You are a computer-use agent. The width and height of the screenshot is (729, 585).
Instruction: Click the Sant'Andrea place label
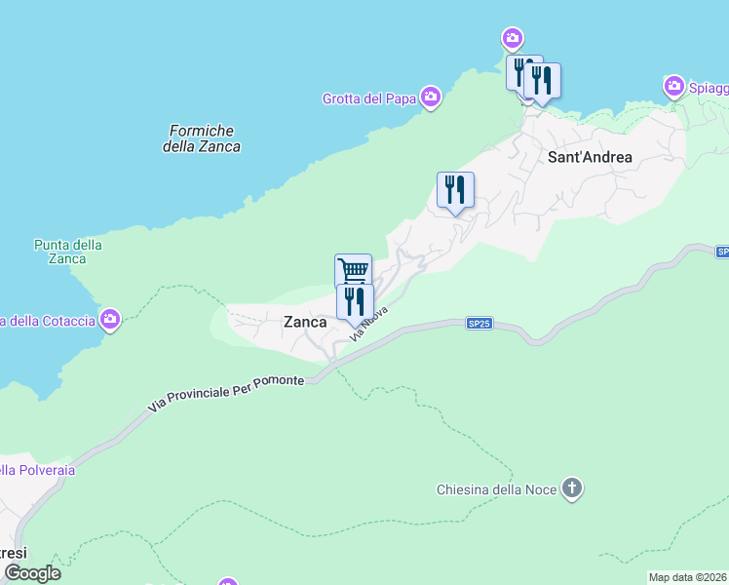591,157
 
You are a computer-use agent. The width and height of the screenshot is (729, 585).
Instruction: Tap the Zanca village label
304,322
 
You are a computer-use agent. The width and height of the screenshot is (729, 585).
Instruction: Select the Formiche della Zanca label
202,138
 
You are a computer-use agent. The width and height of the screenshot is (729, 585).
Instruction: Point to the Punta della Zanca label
67,252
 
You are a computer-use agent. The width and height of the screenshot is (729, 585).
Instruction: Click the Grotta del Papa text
369,98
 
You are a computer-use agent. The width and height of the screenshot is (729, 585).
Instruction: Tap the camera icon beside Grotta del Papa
431,97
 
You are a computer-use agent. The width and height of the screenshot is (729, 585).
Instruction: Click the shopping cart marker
353,270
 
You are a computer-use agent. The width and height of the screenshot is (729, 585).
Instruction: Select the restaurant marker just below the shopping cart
355,301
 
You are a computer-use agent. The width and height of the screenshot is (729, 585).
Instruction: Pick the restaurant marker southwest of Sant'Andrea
455,189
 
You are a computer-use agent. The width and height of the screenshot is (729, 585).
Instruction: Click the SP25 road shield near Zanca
478,324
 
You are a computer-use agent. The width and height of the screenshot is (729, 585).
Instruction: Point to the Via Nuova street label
371,321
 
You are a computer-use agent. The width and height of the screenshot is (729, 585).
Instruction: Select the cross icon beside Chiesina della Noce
572,488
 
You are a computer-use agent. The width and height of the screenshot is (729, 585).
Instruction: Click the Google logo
32,573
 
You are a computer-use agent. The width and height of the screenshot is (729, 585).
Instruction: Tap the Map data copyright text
687,577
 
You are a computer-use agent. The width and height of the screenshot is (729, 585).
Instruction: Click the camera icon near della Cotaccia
111,319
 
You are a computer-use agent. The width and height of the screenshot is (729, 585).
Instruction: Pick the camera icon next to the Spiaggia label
673,88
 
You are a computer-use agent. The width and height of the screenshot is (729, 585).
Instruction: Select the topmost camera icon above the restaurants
513,40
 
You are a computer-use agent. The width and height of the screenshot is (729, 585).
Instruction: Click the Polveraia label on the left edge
37,470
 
